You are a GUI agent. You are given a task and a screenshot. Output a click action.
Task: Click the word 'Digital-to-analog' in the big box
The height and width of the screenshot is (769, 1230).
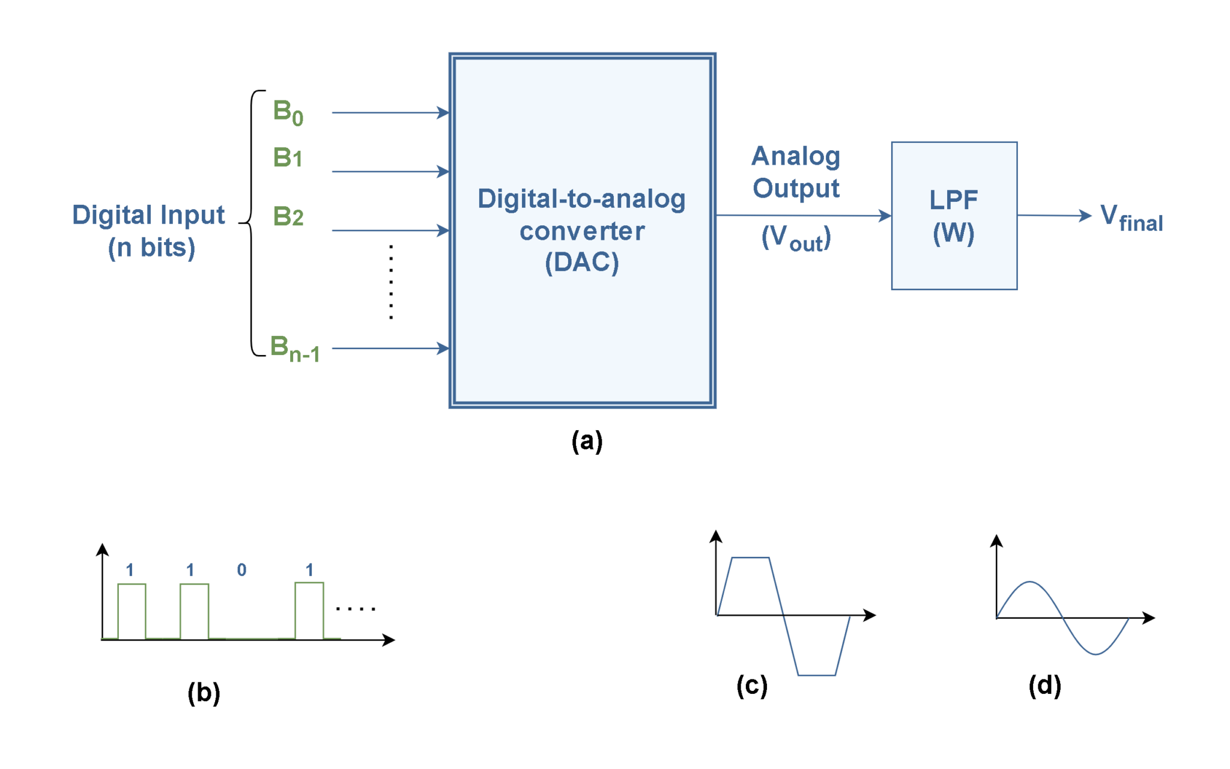tap(581, 199)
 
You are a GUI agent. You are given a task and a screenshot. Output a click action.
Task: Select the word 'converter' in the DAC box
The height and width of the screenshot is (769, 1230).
tap(582, 231)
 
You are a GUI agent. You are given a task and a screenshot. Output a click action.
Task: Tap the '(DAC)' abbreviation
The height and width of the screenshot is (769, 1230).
tap(581, 263)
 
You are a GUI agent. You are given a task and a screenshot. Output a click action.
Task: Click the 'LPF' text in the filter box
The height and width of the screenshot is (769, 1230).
tap(954, 200)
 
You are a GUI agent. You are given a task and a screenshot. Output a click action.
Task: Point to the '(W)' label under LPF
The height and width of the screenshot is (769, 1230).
tap(954, 233)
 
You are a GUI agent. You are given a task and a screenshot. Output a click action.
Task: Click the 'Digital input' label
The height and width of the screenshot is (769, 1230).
tap(148, 216)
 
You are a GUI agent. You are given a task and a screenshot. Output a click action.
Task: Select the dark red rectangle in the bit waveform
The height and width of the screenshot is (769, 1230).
tap(270, 609)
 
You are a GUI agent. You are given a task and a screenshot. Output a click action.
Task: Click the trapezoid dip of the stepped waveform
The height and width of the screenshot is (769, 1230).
tap(816, 658)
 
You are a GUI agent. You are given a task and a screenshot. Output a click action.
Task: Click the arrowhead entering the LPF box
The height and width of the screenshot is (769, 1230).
tap(885, 216)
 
